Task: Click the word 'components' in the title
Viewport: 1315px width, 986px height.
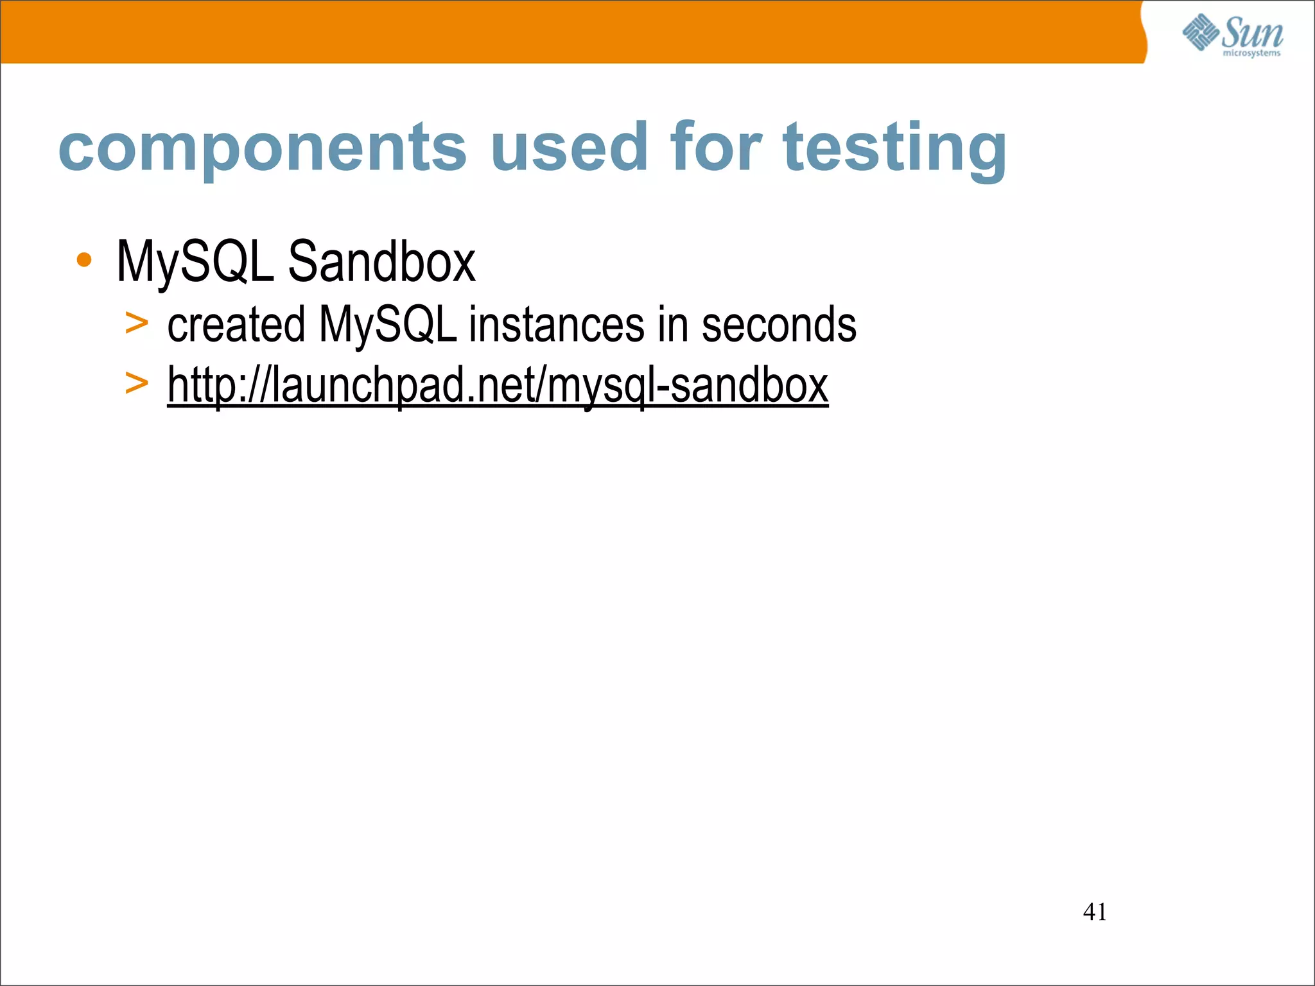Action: pos(262,149)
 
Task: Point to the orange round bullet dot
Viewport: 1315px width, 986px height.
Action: pos(83,261)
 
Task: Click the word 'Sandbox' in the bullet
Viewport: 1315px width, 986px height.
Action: pos(381,262)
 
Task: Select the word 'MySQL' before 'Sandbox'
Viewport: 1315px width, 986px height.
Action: pos(195,262)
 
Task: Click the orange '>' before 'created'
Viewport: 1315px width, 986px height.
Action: pos(136,324)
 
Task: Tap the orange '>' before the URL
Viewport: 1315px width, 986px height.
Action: pos(136,384)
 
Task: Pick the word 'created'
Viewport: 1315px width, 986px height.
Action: pos(236,325)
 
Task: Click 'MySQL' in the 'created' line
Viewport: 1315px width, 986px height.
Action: pos(388,325)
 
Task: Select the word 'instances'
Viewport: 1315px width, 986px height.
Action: pos(556,325)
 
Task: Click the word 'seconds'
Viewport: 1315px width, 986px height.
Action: pos(778,325)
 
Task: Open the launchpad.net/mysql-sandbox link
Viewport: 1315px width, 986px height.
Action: pos(498,385)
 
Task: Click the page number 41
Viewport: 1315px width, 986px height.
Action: pos(1095,912)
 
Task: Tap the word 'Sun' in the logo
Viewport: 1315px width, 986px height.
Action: pos(1253,32)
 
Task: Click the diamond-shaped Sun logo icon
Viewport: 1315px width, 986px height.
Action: pos(1201,32)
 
